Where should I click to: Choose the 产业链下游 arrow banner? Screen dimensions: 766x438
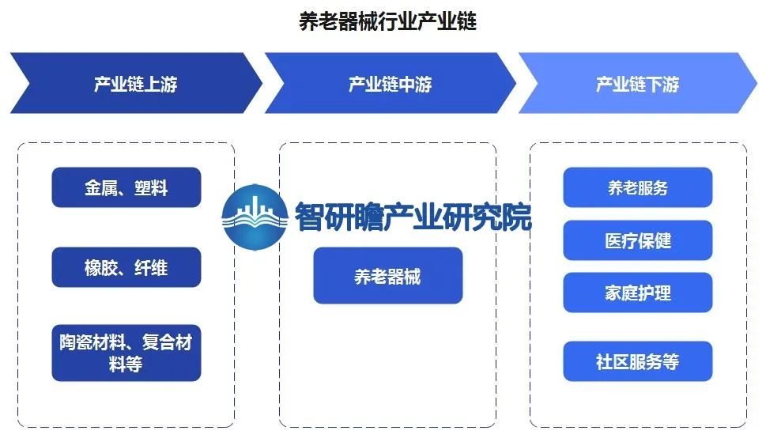(x=636, y=83)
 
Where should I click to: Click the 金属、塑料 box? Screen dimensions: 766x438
(x=126, y=187)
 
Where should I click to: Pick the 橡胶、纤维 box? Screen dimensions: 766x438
(x=126, y=267)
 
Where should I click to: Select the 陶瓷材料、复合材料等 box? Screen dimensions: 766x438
(x=126, y=353)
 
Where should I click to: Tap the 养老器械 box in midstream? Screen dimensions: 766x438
(x=387, y=276)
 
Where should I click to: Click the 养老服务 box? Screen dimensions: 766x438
(x=638, y=187)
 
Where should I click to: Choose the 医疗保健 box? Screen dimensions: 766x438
(x=638, y=240)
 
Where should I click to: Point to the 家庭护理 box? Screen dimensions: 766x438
(x=638, y=293)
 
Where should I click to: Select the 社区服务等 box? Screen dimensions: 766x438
(x=638, y=361)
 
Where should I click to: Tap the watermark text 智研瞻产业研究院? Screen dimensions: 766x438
(x=413, y=215)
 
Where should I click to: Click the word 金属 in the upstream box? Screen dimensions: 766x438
(x=100, y=188)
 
